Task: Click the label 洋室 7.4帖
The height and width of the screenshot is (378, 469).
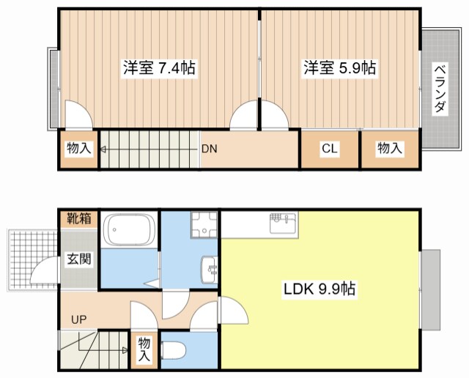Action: [x=158, y=69]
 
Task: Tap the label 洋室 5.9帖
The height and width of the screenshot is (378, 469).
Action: [x=340, y=69]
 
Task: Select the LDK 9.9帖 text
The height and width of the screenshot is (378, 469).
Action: [x=320, y=289]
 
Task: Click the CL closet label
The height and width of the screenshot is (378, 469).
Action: [x=330, y=149]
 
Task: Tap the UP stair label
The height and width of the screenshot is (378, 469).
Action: [x=78, y=319]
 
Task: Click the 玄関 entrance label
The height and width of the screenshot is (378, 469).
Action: [x=81, y=259]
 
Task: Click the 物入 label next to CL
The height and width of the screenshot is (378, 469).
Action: [x=390, y=149]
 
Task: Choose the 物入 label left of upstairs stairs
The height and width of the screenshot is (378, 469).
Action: [x=78, y=149]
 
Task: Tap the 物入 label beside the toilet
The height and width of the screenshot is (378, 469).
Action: [x=144, y=349]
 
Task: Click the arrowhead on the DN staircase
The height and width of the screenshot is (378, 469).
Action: [x=104, y=150]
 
